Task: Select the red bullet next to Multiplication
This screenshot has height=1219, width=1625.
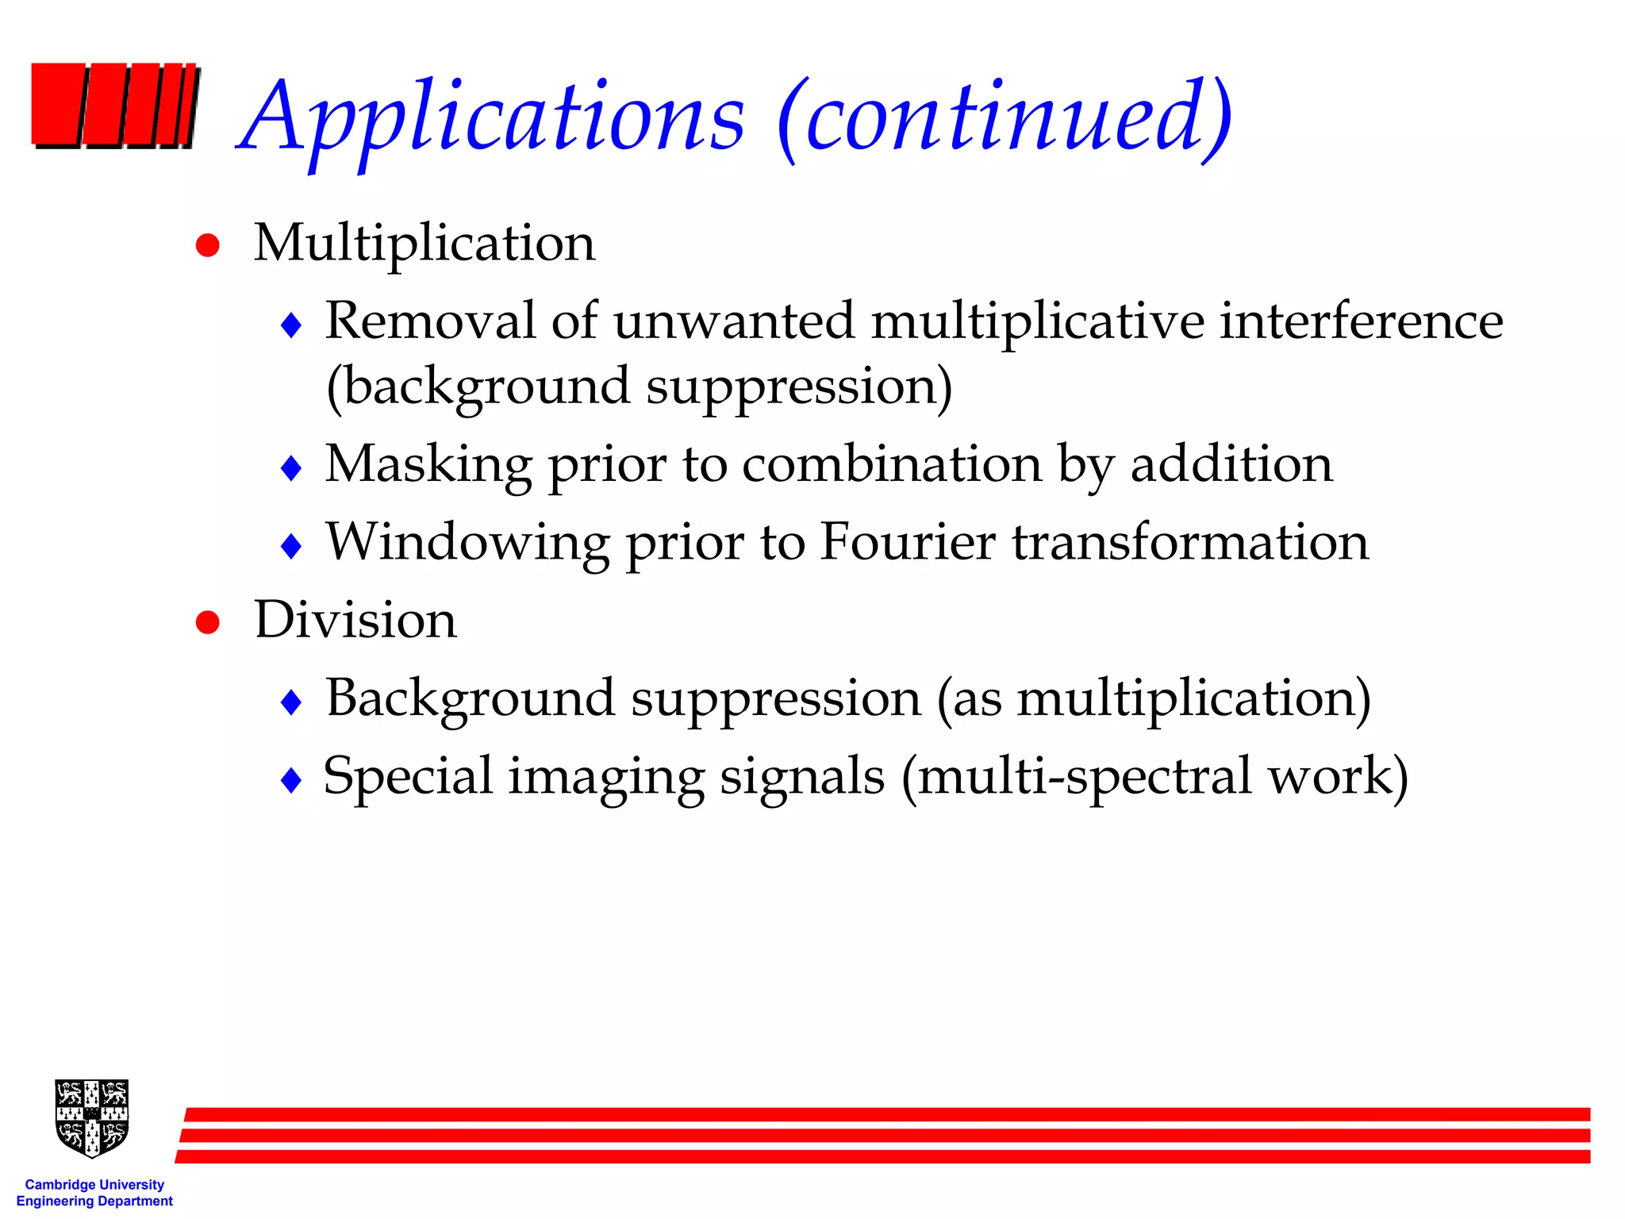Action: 208,245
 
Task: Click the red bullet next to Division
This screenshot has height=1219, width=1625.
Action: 208,622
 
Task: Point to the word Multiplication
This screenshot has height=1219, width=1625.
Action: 424,242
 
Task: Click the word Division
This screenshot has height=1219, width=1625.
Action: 355,619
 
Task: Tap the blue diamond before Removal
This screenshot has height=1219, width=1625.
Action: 292,325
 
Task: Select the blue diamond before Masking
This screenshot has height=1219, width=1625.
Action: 292,467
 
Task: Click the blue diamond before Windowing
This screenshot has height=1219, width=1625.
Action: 292,546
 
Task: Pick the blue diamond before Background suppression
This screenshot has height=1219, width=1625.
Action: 292,702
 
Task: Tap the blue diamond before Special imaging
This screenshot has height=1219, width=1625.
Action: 292,779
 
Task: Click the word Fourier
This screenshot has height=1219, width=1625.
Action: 907,542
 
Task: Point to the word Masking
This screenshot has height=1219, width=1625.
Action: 428,464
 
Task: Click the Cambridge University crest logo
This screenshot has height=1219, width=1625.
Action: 92,1117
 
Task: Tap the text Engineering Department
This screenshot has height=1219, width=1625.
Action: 94,1202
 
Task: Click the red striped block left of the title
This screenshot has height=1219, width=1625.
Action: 114,106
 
